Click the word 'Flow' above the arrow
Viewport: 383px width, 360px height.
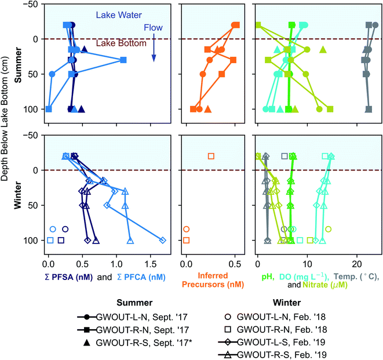coord(154,27)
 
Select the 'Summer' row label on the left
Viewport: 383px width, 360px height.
coord(18,67)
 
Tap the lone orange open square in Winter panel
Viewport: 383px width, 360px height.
coord(211,156)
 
